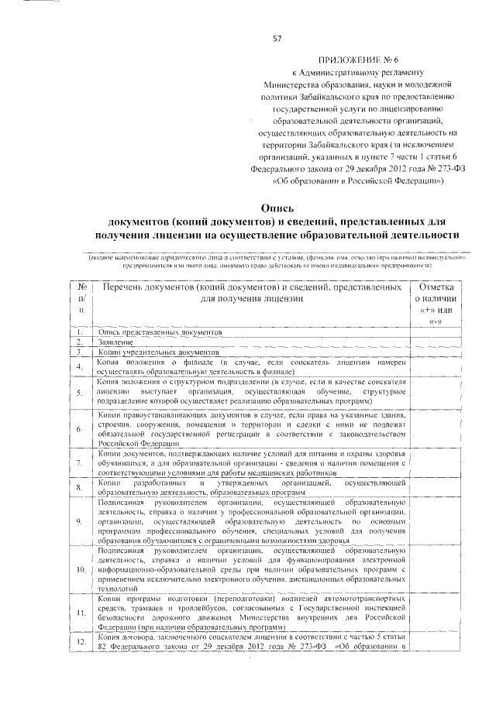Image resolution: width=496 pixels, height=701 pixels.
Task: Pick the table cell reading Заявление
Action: (115, 342)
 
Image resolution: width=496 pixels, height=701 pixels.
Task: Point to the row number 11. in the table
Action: (81, 613)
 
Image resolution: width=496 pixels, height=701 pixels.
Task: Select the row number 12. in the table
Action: (81, 642)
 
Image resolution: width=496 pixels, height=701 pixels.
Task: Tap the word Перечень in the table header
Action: (128, 287)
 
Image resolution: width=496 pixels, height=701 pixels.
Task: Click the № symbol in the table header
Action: (83, 287)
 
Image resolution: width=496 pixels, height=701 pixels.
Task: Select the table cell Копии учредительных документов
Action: (146, 352)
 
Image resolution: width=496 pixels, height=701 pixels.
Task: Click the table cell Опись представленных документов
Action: (160, 332)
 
